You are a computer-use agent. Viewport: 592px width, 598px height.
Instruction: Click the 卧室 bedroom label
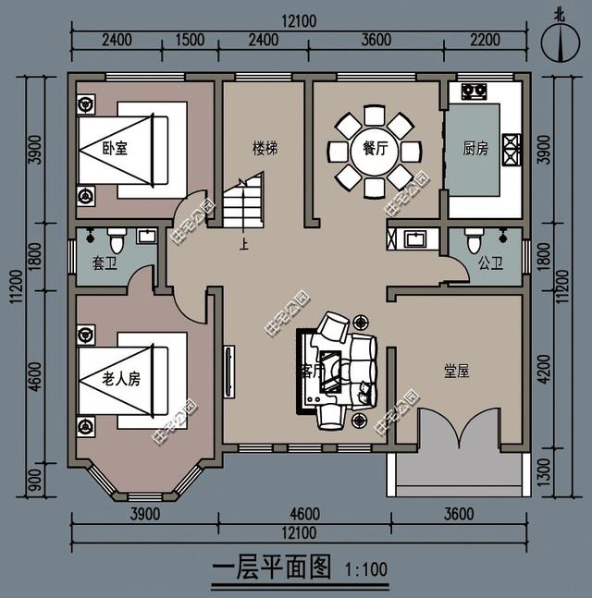pyautogui.click(x=115, y=148)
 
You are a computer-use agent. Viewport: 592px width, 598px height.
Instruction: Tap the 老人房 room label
pyautogui.click(x=121, y=379)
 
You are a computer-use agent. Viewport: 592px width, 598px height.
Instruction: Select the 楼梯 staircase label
pyautogui.click(x=265, y=148)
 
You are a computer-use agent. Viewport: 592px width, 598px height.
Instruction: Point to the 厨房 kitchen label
pyautogui.click(x=475, y=148)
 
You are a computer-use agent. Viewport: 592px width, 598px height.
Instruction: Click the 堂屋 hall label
pyautogui.click(x=457, y=372)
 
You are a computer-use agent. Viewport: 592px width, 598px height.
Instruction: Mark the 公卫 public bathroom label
pyautogui.click(x=490, y=263)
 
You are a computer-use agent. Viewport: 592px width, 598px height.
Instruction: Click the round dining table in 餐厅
pyautogui.click(x=374, y=151)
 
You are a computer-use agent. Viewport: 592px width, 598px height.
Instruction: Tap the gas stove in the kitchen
pyautogui.click(x=475, y=92)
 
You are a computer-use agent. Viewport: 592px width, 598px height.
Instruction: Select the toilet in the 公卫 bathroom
pyautogui.click(x=474, y=242)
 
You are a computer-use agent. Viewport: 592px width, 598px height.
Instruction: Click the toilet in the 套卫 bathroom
pyautogui.click(x=116, y=240)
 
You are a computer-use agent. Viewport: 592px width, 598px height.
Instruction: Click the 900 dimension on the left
pyautogui.click(x=34, y=481)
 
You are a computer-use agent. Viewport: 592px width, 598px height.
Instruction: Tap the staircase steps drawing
pyautogui.click(x=244, y=205)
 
